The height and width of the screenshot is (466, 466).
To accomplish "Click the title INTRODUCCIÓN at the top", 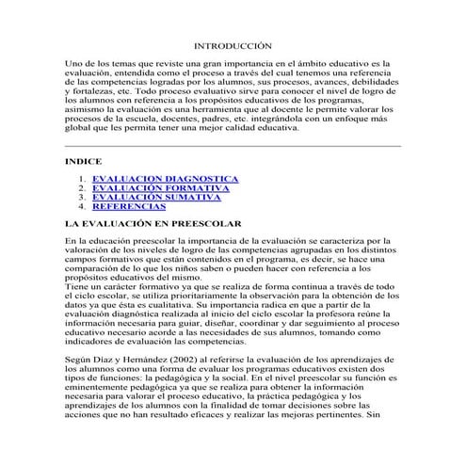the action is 232,45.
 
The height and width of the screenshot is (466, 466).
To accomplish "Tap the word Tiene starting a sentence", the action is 77,285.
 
